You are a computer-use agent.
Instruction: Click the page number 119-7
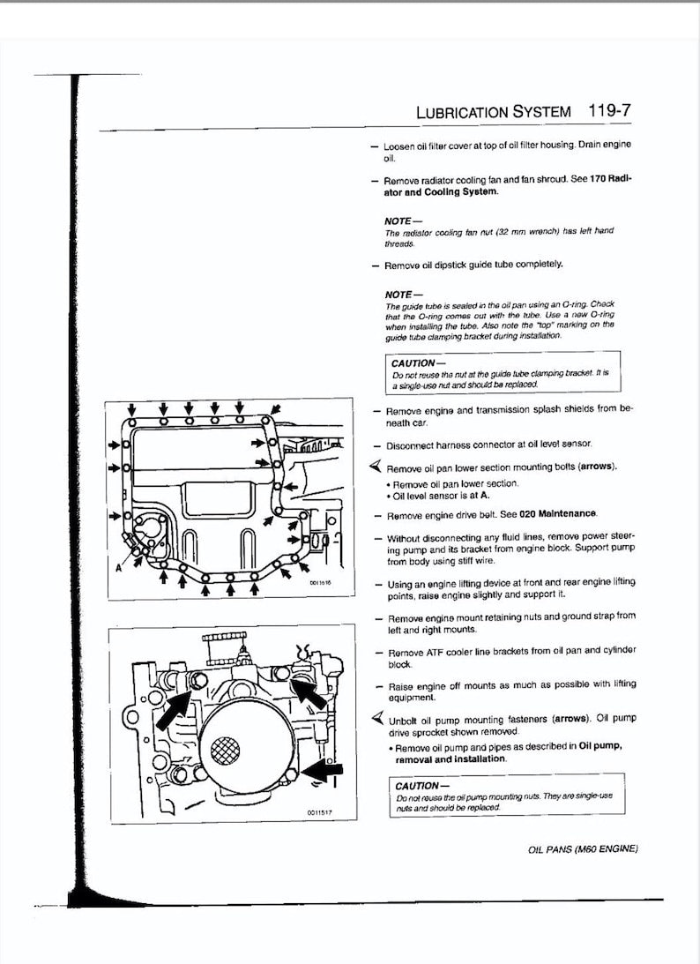(x=607, y=112)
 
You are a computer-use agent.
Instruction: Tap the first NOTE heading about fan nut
(x=403, y=220)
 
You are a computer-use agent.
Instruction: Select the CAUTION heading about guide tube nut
(x=413, y=362)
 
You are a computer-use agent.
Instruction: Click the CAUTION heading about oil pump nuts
(x=417, y=786)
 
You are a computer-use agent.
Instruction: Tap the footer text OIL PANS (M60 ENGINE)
(x=581, y=848)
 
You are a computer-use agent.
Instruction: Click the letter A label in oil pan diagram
(x=117, y=568)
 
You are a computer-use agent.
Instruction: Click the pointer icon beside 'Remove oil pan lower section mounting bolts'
(x=376, y=467)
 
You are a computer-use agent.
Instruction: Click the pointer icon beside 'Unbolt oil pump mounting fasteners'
(x=376, y=718)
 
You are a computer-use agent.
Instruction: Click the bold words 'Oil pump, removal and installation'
(x=507, y=752)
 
